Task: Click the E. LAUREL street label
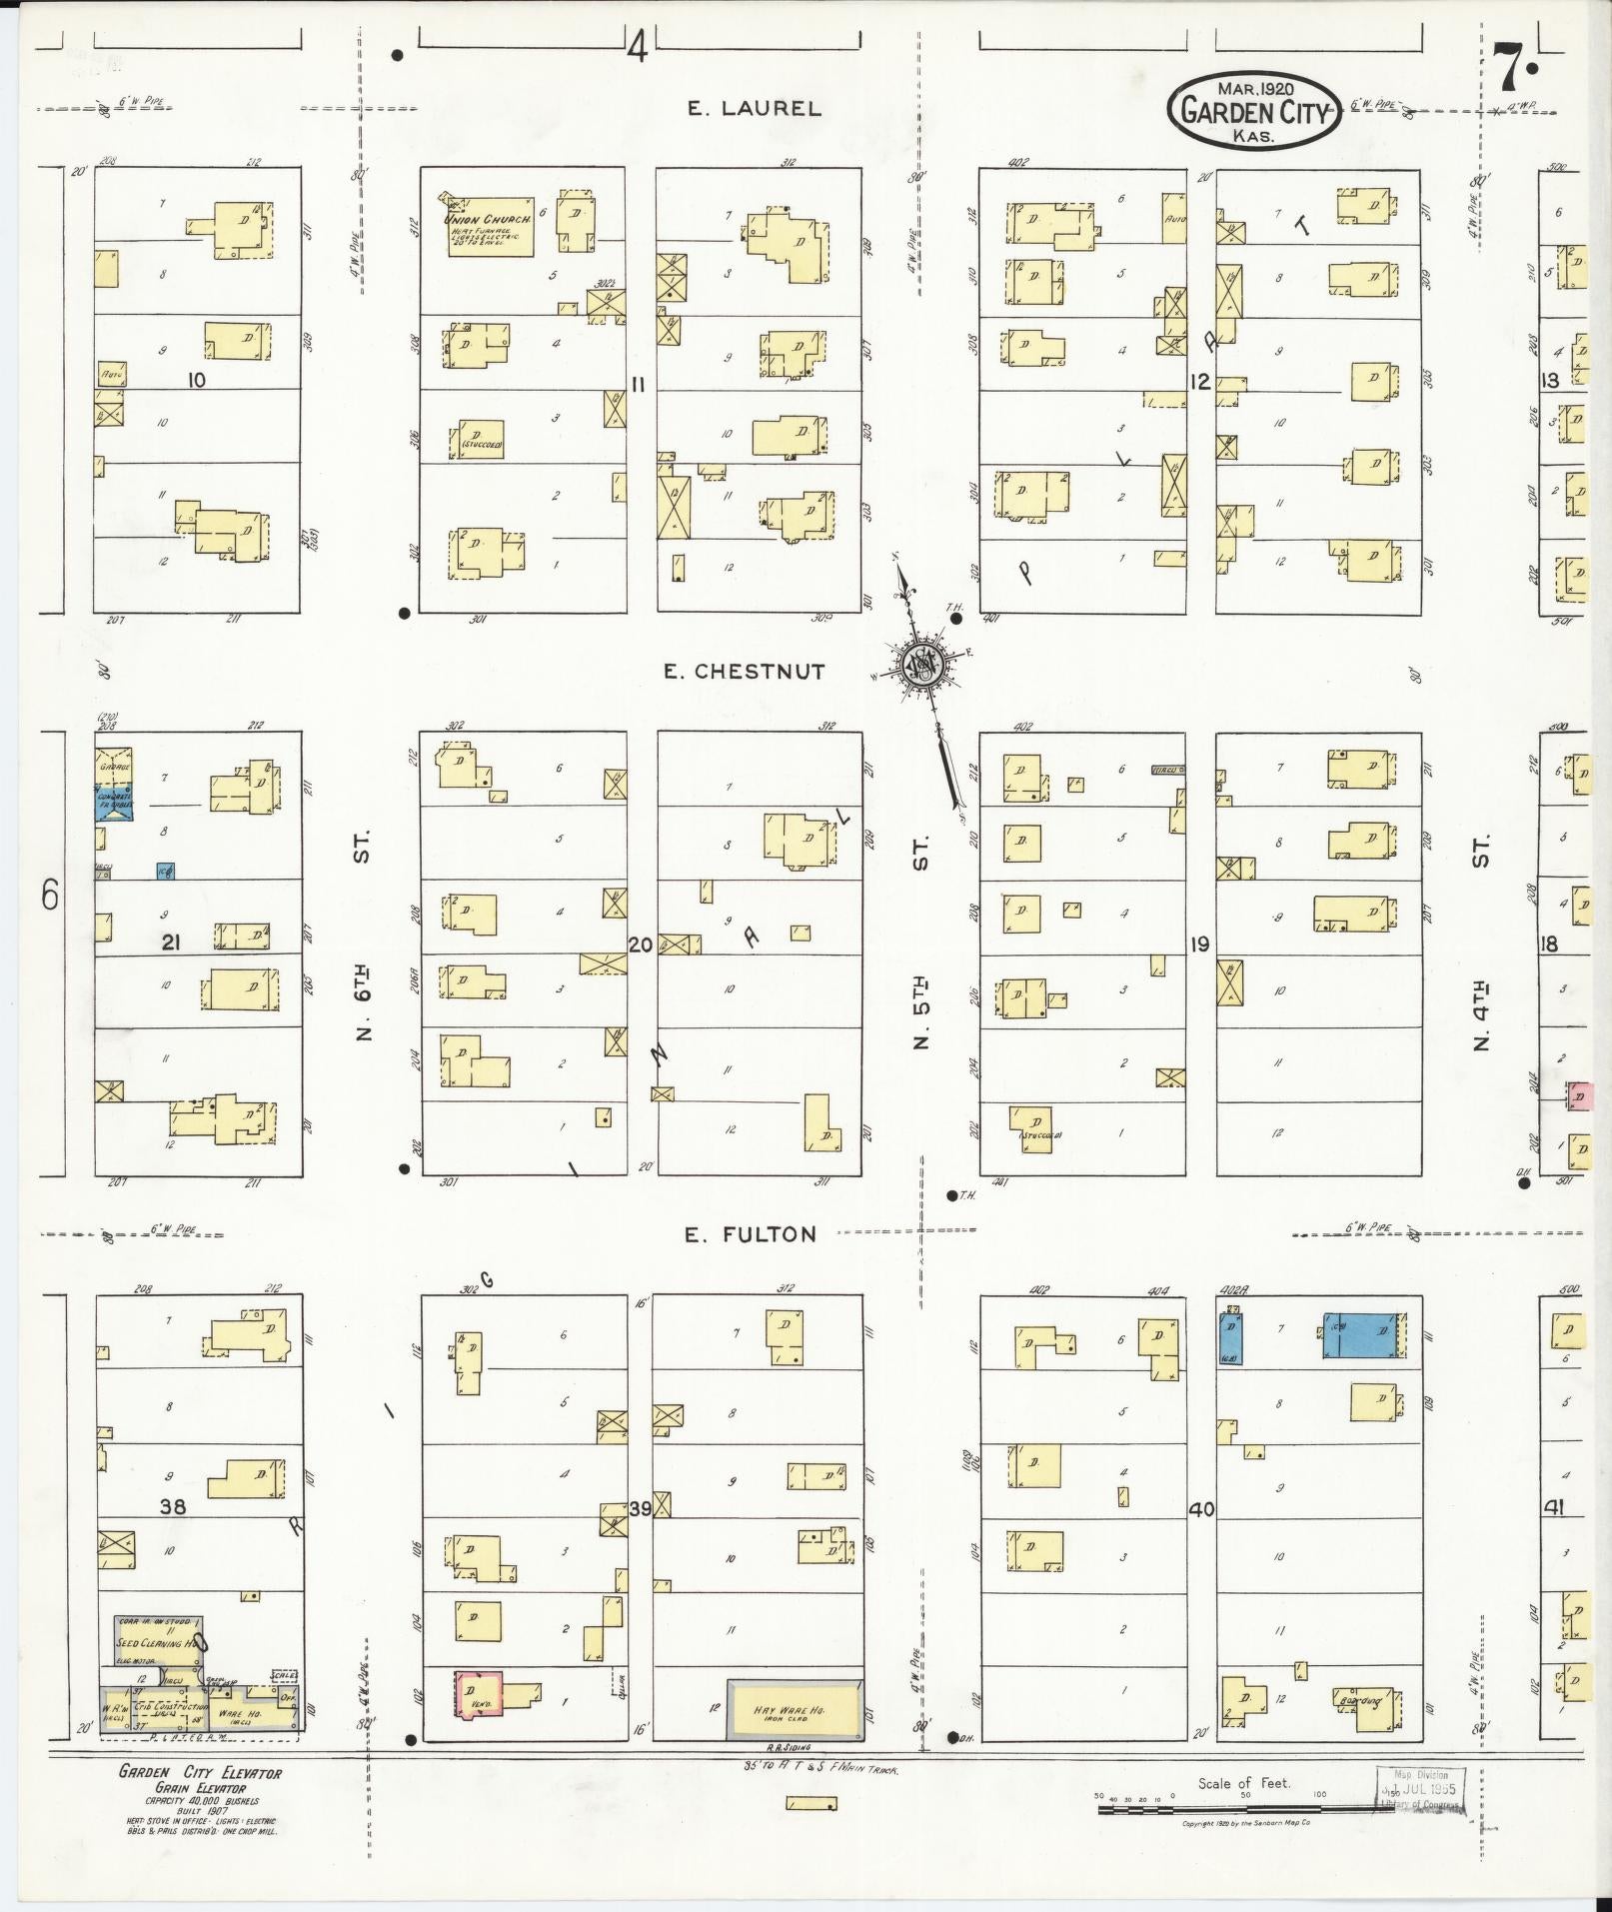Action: coord(754,109)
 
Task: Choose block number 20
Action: coord(641,944)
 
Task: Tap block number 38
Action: coord(172,1506)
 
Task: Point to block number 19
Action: coord(1199,944)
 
